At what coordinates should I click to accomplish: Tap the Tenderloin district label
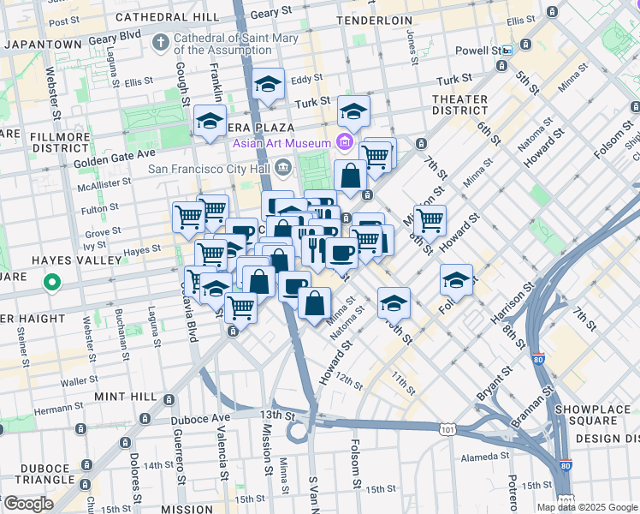click(x=374, y=19)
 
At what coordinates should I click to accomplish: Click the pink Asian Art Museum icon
click(x=345, y=141)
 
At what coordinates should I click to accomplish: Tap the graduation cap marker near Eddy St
click(x=269, y=85)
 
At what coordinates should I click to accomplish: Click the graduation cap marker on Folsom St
click(x=457, y=280)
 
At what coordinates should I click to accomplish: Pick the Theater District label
click(x=459, y=105)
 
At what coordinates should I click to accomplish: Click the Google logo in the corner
click(x=27, y=504)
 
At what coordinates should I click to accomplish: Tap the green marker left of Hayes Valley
click(x=51, y=281)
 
